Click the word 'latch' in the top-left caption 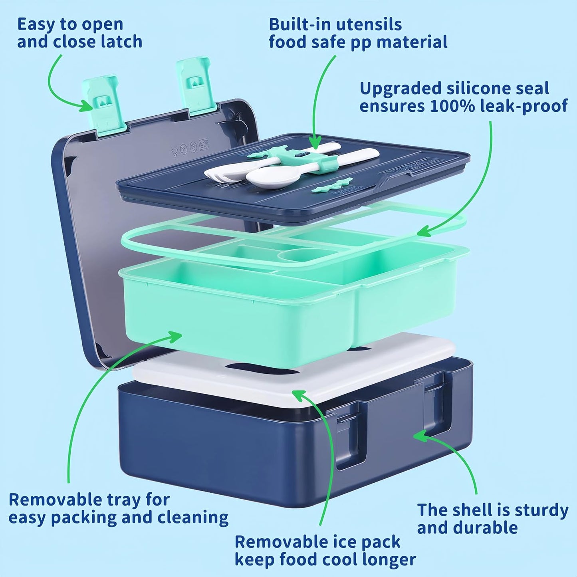click(121, 41)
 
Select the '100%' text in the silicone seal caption click(450, 106)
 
